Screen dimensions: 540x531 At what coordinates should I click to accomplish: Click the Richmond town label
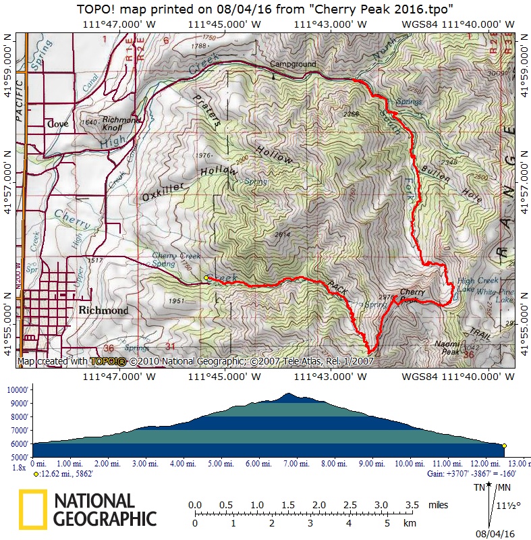[103, 310]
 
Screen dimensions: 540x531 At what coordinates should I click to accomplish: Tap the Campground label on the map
[293, 65]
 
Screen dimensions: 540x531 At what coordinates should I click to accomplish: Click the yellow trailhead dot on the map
[206, 277]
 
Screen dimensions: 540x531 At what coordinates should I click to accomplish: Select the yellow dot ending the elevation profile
[504, 446]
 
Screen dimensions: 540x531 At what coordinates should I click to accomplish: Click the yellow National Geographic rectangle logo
[32, 509]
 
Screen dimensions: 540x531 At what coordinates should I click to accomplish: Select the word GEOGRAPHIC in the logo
[105, 518]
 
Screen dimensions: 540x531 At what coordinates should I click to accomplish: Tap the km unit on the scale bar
[410, 523]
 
